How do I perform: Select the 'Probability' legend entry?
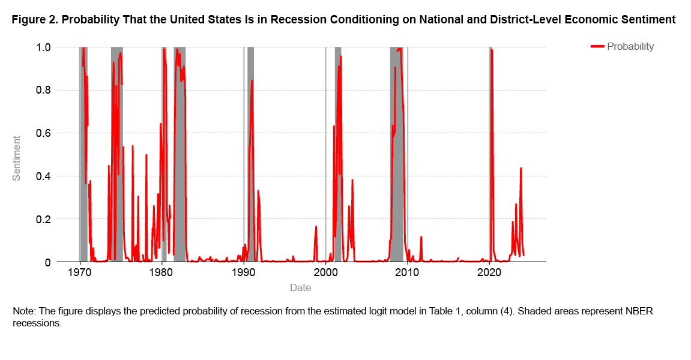coord(630,47)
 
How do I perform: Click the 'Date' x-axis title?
coord(300,288)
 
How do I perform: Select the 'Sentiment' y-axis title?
coord(17,158)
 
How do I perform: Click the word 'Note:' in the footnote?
coord(24,312)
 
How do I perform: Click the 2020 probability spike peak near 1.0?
coord(491,50)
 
